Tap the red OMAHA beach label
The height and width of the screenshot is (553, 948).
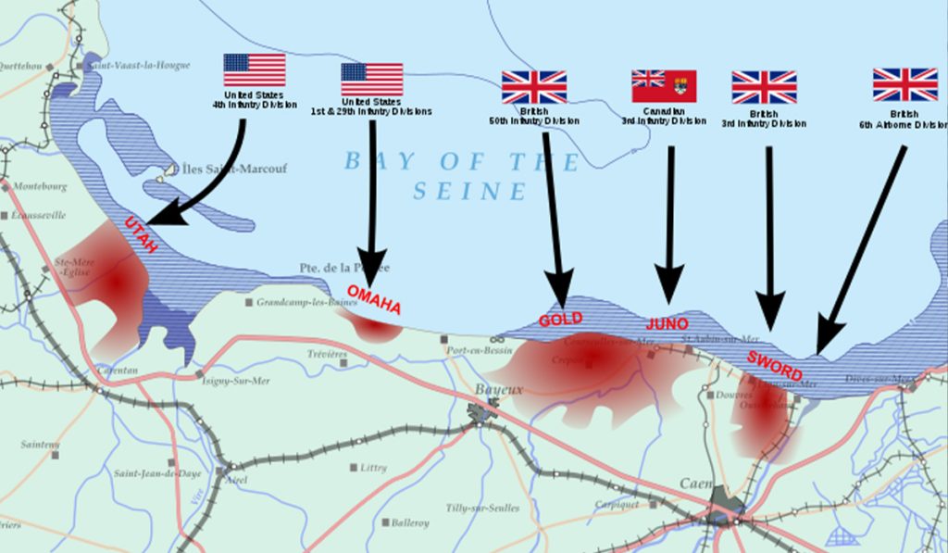tap(373, 298)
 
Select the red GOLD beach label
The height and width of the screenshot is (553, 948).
tap(560, 320)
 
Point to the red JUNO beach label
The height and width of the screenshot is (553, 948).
tap(667, 324)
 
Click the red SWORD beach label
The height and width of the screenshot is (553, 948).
tap(775, 365)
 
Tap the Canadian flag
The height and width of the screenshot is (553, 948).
tap(664, 86)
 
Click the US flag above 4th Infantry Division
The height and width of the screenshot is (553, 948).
tap(254, 70)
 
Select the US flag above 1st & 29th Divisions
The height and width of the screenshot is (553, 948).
tap(371, 80)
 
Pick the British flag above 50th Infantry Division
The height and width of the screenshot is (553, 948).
tap(534, 87)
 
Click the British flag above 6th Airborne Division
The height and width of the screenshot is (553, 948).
tap(904, 84)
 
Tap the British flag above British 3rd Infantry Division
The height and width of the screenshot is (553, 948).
tap(764, 87)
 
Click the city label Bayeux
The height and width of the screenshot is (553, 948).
tap(498, 390)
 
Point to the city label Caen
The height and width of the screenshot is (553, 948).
tap(695, 484)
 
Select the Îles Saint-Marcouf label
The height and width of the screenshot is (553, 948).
tap(231, 170)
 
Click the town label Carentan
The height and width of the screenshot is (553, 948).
tap(117, 370)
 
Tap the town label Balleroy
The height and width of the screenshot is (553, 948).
tap(410, 523)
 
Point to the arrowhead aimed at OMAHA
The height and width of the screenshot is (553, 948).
tap(372, 274)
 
